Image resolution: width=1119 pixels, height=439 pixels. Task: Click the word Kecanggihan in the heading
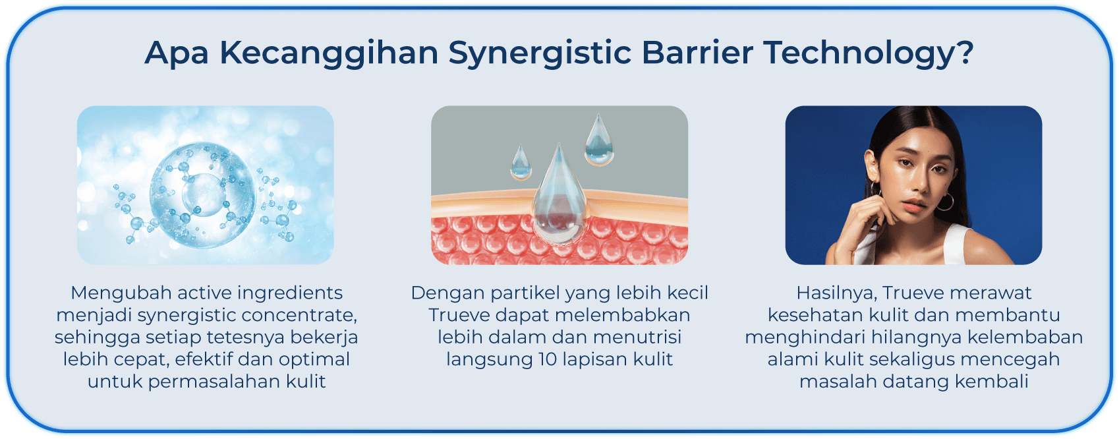[x=329, y=53]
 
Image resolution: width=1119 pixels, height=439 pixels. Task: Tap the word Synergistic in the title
[x=540, y=53]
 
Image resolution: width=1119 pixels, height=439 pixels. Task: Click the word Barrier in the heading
[x=697, y=52]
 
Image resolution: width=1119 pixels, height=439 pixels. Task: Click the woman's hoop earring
[x=945, y=202]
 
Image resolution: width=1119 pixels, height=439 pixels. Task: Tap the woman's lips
[x=915, y=205]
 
